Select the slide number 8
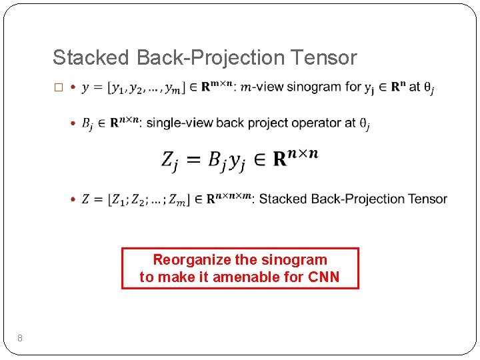(x=20, y=339)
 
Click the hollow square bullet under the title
(x=57, y=87)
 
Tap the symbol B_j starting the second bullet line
(x=87, y=123)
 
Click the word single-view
(x=175, y=123)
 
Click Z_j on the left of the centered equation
(x=171, y=161)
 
